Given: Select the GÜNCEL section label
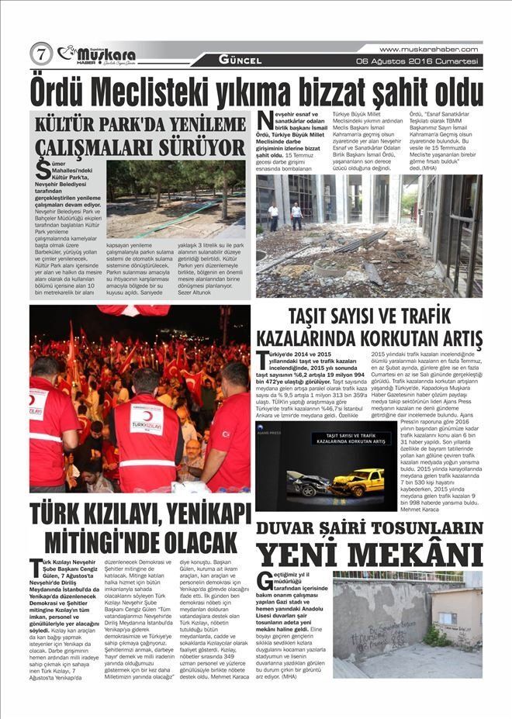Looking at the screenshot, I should [240, 60].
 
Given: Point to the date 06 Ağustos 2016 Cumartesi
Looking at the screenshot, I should [416, 60].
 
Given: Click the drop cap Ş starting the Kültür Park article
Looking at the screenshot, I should [44, 171].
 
